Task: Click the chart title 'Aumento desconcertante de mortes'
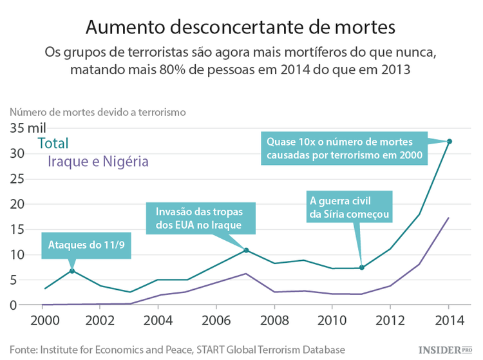(x=240, y=26)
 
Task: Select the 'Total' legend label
(x=53, y=144)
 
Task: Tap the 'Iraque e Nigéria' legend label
(x=99, y=162)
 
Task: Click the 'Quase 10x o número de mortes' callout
(x=345, y=148)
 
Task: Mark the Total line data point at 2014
(x=450, y=141)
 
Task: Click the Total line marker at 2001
(x=72, y=270)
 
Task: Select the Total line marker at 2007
(x=246, y=250)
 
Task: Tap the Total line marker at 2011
(x=362, y=267)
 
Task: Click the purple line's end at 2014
(x=449, y=218)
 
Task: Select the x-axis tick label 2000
(x=43, y=321)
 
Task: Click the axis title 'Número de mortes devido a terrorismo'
(x=97, y=111)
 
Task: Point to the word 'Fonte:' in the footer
(x=23, y=349)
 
